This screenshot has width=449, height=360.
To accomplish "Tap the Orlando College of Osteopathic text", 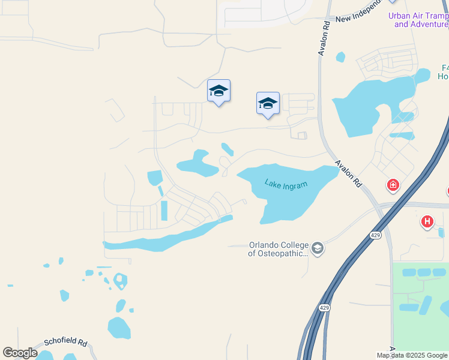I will pos(279,249).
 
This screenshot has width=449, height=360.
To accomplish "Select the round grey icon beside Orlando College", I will pos(318,248).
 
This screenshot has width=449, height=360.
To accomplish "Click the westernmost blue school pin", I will pos(218,91).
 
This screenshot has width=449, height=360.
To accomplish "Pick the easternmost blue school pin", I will pos(268,103).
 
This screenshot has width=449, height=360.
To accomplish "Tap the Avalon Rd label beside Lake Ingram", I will pos(348,174).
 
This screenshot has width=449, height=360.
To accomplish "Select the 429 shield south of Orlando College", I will pos(324,308).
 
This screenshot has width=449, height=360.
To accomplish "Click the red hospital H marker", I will pos(427,222).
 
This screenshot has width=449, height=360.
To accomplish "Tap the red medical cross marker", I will pos(393,185).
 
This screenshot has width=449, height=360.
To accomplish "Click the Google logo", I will pos(20,353).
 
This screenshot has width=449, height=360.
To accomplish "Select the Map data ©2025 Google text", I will pos(412,356).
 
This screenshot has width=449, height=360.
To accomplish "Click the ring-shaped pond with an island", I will pos(120,280).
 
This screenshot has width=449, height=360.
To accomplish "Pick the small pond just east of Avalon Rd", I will pos(341,57).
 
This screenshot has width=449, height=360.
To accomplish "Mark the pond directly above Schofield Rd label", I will pos(119,328).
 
